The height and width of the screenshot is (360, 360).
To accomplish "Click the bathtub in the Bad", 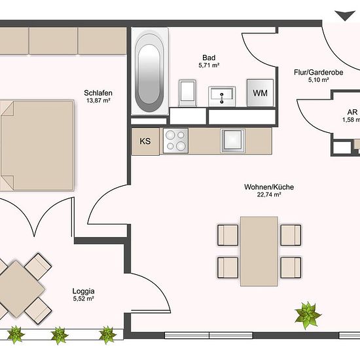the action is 149,71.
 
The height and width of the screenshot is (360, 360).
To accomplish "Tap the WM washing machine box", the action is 260,93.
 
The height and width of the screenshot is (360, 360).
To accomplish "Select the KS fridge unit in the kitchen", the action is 145,141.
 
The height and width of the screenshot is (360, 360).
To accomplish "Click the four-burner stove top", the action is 175,141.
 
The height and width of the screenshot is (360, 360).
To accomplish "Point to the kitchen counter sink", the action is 232,141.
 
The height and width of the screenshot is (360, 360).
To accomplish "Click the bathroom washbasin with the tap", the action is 222,97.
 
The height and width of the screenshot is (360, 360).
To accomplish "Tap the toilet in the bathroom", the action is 188,93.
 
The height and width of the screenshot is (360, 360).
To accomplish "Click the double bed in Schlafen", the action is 37,145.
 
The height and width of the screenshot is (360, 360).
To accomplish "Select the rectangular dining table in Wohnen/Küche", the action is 259,251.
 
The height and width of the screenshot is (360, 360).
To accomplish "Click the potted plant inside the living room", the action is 308,315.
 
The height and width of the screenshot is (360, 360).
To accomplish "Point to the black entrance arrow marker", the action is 344,16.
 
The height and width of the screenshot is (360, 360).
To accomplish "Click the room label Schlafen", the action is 98,93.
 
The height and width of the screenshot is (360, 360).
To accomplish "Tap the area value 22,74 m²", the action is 269,194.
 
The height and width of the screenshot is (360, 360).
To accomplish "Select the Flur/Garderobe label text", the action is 319,72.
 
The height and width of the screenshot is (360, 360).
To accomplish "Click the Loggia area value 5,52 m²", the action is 83,298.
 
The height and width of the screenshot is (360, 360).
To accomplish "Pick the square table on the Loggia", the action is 22,289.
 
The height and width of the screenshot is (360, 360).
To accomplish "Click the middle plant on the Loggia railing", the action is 59,336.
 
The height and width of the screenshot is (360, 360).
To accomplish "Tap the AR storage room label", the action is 352,112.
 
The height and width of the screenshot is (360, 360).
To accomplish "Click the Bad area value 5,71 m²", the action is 209,65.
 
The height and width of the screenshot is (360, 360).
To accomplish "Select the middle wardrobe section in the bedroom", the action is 53,41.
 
